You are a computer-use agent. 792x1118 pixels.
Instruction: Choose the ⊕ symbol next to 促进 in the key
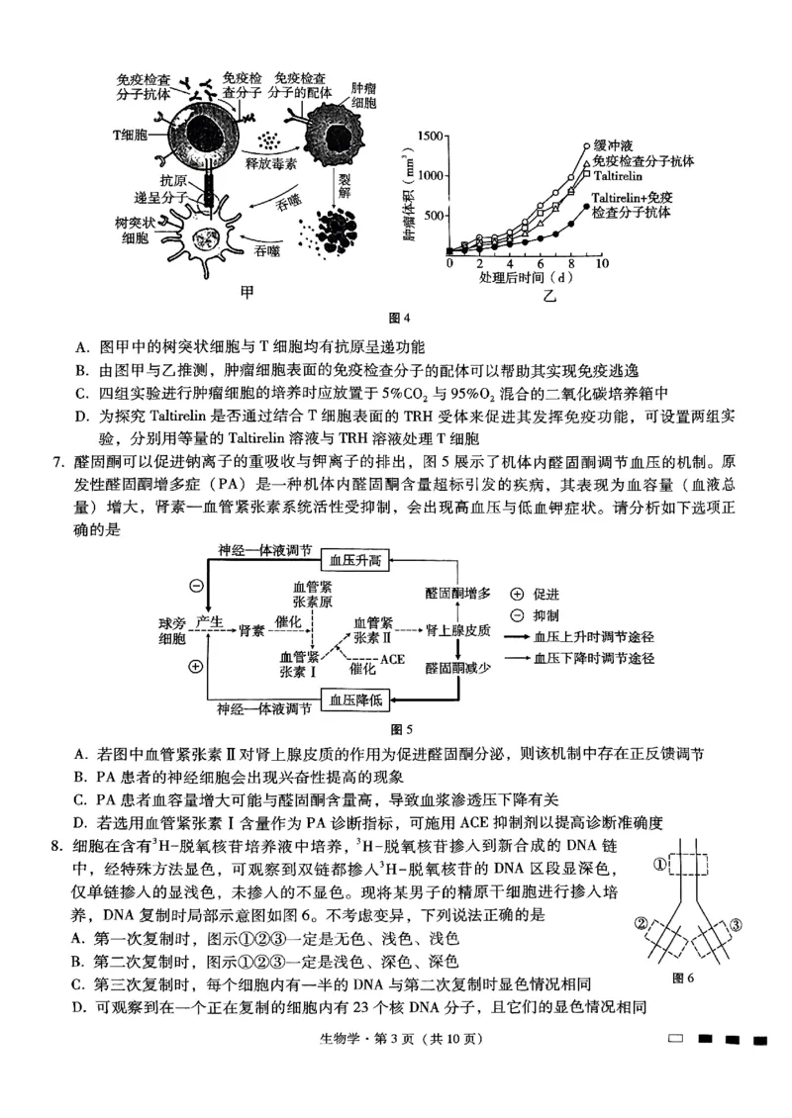518,596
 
